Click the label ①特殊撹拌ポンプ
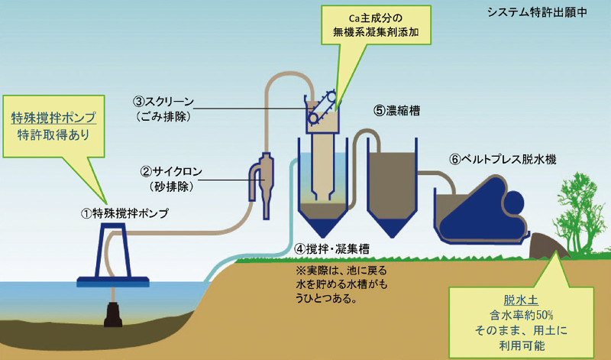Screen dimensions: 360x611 pos(125,212)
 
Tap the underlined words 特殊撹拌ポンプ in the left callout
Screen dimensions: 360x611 pos(52,118)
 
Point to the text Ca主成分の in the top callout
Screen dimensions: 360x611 pos(375,17)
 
